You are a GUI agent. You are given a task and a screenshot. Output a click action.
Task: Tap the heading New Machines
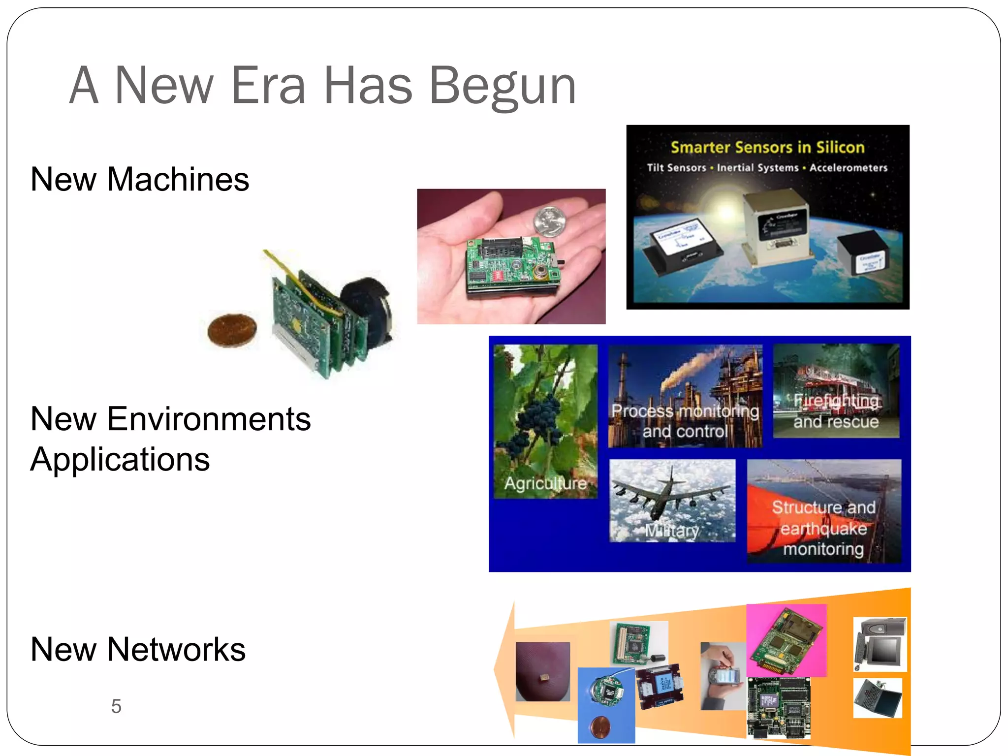(140, 179)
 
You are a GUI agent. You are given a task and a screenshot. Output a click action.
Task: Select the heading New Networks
(138, 649)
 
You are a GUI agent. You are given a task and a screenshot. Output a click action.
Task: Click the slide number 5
(116, 706)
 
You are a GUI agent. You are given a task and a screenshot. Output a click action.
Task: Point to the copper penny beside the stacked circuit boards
(232, 330)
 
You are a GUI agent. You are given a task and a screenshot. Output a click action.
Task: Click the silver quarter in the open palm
(550, 221)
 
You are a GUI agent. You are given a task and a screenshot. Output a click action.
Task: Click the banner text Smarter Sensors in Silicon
(767, 147)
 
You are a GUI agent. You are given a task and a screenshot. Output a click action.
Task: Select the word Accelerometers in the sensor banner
(848, 168)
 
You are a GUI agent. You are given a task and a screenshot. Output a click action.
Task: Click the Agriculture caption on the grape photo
(545, 483)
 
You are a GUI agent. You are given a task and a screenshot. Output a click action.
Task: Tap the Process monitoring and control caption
(685, 421)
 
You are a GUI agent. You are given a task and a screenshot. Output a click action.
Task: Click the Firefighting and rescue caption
(836, 411)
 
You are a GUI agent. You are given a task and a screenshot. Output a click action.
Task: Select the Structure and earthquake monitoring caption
(823, 528)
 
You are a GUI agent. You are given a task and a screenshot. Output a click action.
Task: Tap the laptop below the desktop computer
(878, 698)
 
